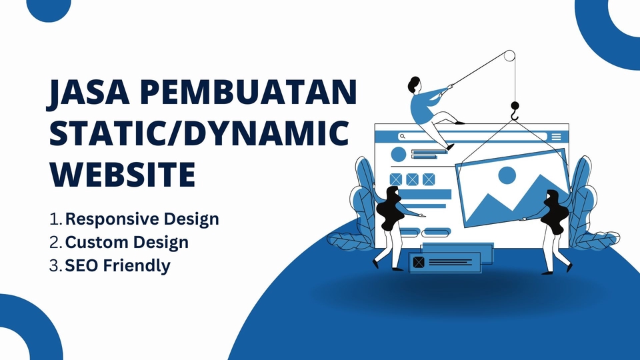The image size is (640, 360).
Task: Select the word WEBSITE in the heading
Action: click(x=123, y=175)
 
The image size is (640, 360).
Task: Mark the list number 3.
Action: click(x=55, y=265)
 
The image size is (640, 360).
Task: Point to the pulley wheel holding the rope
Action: click(x=508, y=56)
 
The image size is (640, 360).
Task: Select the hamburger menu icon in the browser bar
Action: click(x=556, y=136)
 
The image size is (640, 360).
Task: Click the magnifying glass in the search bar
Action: click(x=402, y=136)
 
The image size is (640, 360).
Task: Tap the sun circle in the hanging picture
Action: click(x=507, y=175)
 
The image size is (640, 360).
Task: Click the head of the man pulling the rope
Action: click(x=413, y=85)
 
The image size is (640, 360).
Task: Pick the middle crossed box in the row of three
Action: click(x=412, y=179)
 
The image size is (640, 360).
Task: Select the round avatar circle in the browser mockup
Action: click(x=399, y=155)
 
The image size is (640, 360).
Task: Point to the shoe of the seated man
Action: click(x=450, y=147)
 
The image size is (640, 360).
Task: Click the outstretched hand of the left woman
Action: click(x=421, y=215)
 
